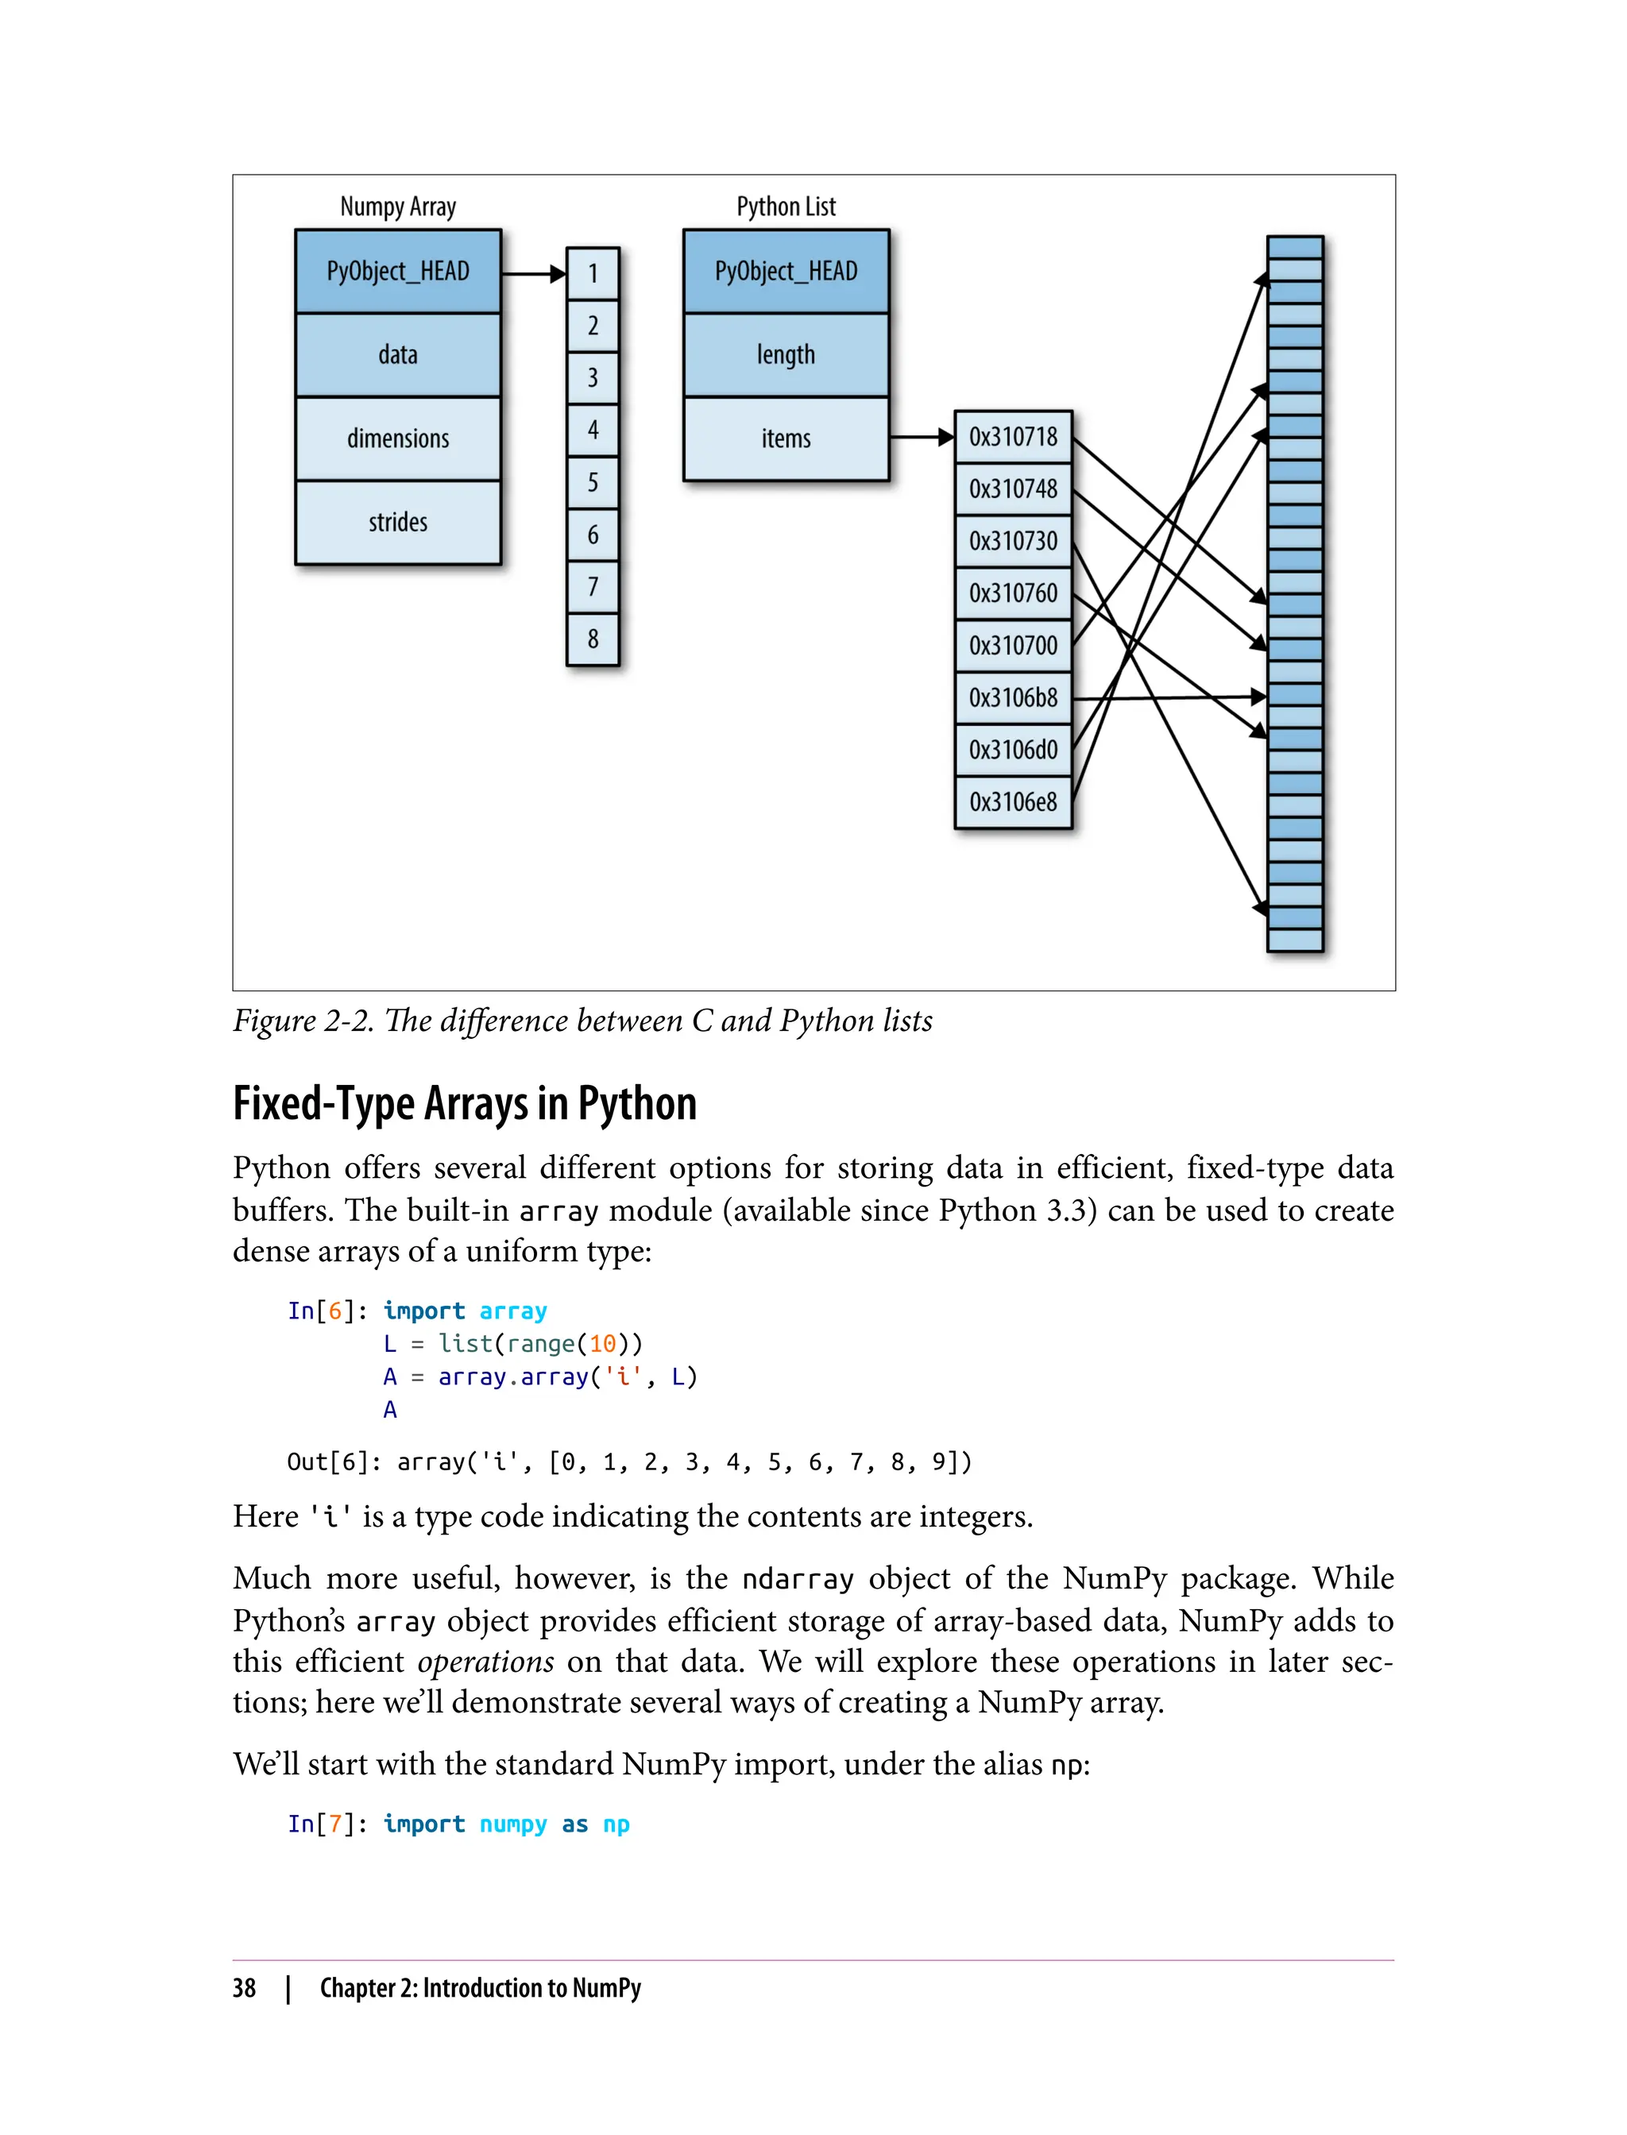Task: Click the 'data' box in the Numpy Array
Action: point(398,354)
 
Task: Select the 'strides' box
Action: point(398,522)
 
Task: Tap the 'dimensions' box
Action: point(398,438)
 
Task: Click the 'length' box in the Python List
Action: point(786,354)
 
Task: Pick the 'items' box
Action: point(786,438)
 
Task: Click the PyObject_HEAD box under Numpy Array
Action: point(398,271)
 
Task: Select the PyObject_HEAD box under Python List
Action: point(786,271)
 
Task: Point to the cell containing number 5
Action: point(593,482)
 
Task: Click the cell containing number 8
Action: point(593,639)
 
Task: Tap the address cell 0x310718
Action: point(1013,437)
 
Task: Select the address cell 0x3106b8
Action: point(1013,698)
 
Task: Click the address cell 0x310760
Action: point(1013,593)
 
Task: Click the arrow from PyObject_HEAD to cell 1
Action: point(532,274)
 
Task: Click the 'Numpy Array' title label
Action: point(398,207)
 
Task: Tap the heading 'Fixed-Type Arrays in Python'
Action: point(464,1104)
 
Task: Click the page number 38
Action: point(244,1989)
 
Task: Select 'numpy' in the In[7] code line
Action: point(513,1824)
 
